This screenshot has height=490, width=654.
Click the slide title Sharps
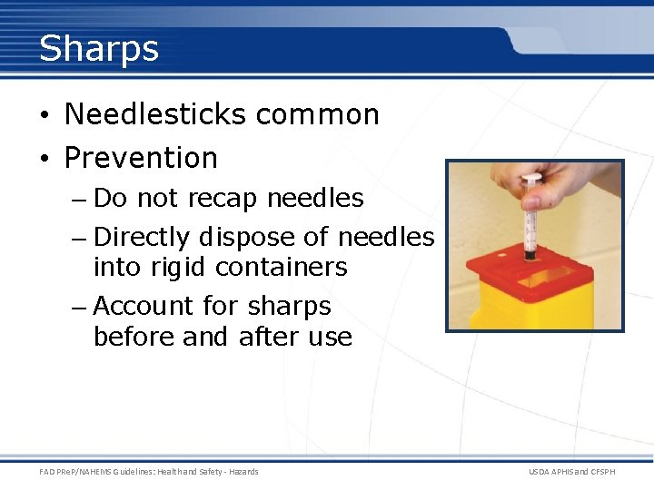click(98, 48)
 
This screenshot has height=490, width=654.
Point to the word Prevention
click(141, 158)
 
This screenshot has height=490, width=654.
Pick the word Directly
click(142, 238)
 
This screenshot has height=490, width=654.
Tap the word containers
click(283, 268)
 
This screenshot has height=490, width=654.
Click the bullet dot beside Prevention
click(45, 159)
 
